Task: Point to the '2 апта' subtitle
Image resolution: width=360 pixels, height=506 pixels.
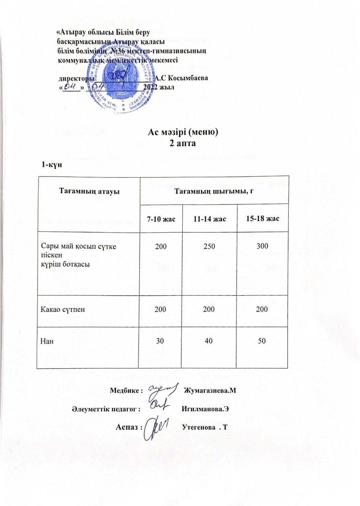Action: pyautogui.click(x=182, y=143)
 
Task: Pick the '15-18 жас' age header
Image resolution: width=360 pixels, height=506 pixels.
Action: pyautogui.click(x=262, y=219)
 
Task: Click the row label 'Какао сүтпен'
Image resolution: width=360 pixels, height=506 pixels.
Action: pyautogui.click(x=63, y=309)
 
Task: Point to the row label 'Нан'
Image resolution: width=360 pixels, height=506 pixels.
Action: pyautogui.click(x=47, y=341)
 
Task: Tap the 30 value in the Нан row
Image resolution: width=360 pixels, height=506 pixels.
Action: pyautogui.click(x=160, y=341)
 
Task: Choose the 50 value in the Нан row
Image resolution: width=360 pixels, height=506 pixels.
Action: pyautogui.click(x=262, y=341)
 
